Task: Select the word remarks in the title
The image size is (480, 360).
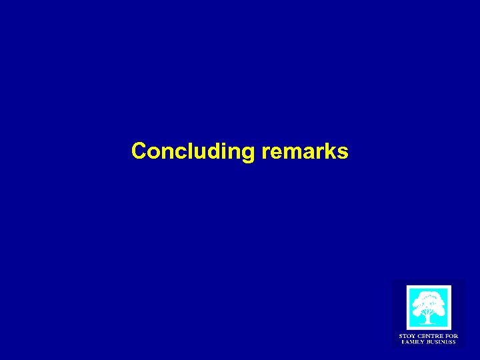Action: point(305,151)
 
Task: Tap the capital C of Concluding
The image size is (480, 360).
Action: point(139,151)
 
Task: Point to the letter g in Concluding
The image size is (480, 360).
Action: point(248,153)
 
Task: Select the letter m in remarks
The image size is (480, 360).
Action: point(291,153)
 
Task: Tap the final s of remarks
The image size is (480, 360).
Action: point(342,153)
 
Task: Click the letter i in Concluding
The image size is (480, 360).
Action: point(223,151)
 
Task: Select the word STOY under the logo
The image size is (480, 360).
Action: point(407,336)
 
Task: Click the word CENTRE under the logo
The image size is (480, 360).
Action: point(429,336)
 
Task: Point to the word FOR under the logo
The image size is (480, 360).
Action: point(451,336)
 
